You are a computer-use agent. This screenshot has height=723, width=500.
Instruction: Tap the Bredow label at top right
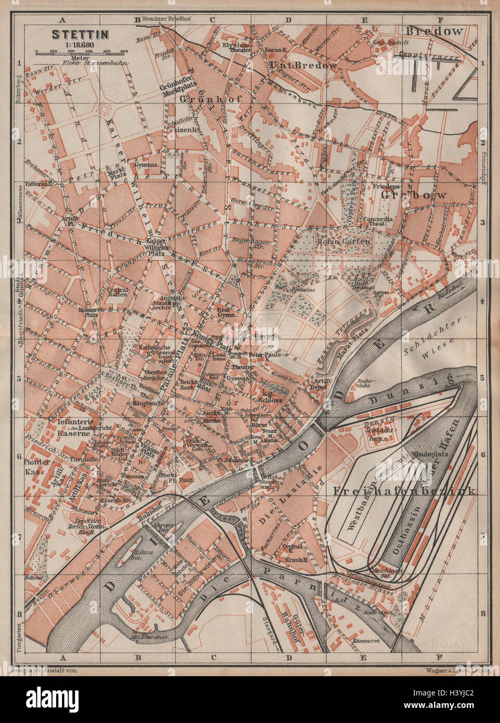tap(435, 31)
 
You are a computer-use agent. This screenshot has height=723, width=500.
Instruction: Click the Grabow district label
tap(414, 195)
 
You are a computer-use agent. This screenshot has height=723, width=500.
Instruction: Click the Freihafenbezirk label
tap(405, 490)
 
